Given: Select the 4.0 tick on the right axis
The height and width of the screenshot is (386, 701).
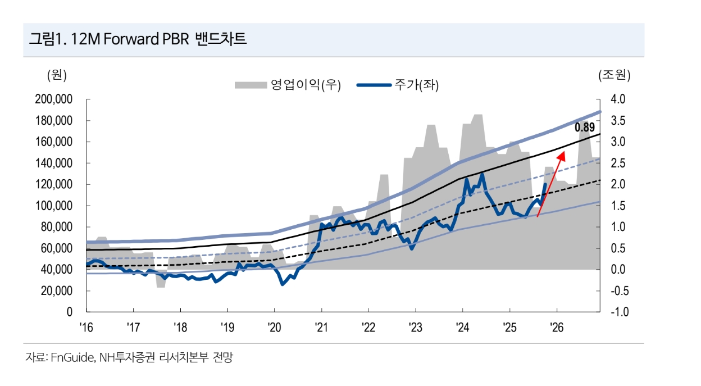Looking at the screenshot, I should pyautogui.click(x=618, y=99).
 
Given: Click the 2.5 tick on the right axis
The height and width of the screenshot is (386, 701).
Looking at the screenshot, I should pyautogui.click(x=618, y=164).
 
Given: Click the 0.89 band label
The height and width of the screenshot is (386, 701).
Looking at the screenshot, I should pyautogui.click(x=584, y=128).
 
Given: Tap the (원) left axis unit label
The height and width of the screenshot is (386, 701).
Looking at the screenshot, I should pyautogui.click(x=57, y=75).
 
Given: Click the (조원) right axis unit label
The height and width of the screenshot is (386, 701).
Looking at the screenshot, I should pyautogui.click(x=614, y=75).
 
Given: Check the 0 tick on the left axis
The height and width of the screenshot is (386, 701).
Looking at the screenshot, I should pyautogui.click(x=70, y=312).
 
